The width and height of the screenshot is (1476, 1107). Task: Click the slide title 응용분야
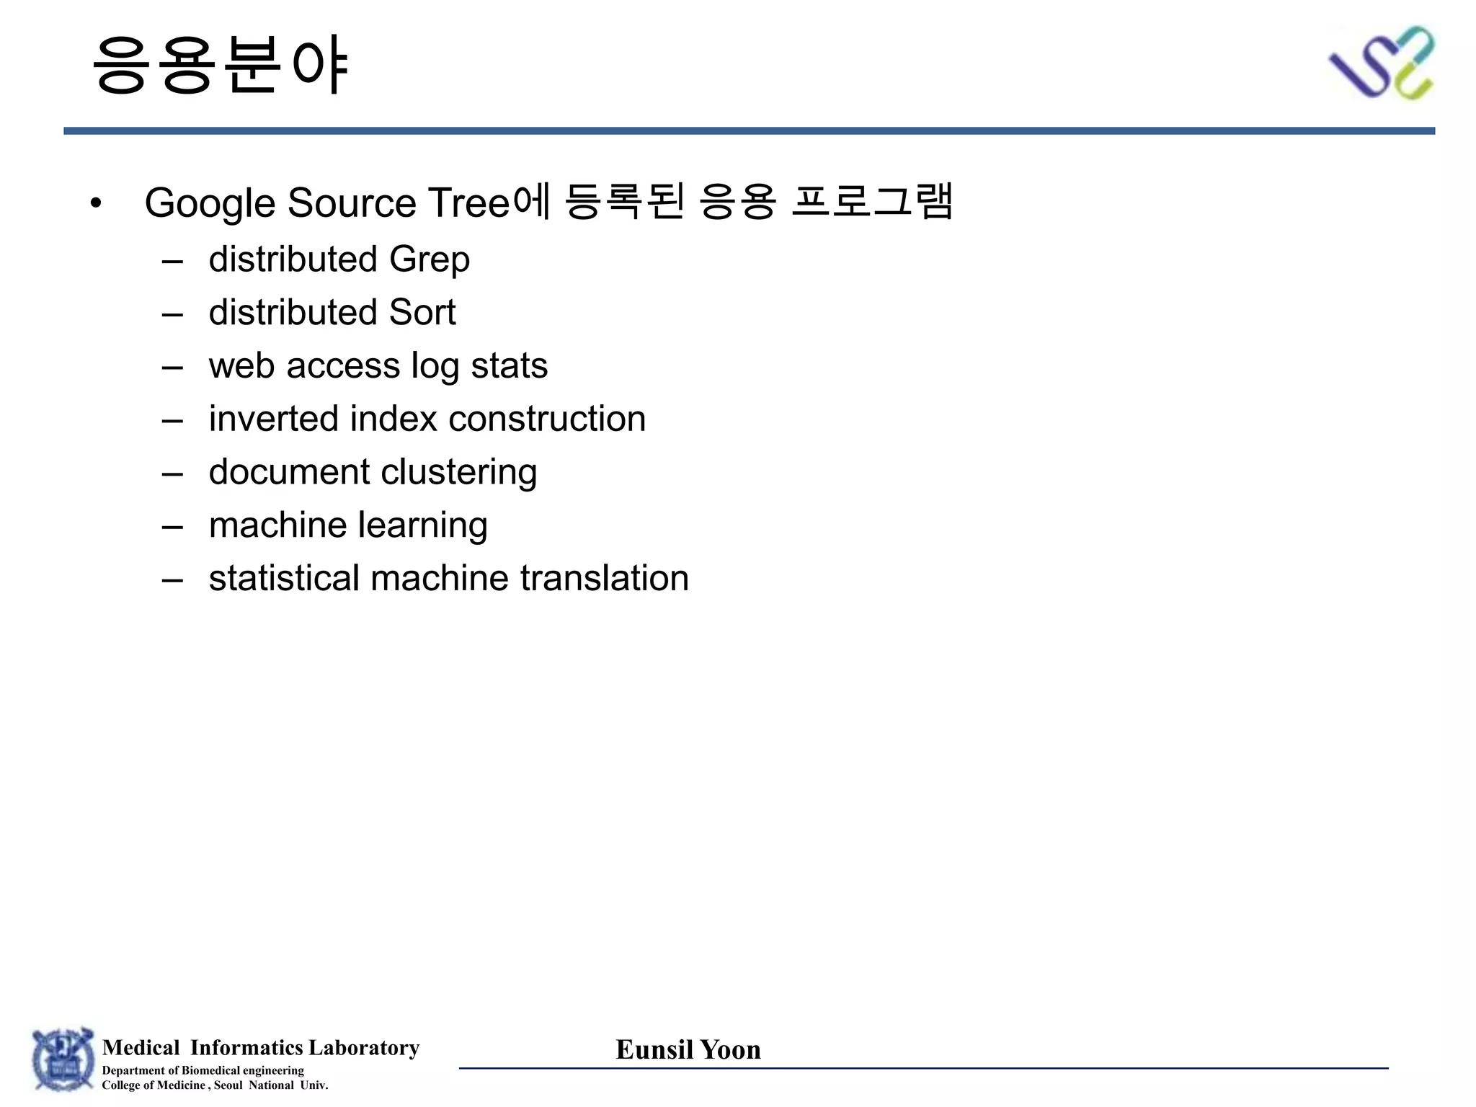[x=221, y=65]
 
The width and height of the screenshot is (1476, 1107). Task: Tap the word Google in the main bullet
[x=210, y=203]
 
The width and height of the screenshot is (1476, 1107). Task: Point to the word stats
[x=509, y=366]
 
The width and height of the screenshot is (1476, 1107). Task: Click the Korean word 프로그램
[x=872, y=201]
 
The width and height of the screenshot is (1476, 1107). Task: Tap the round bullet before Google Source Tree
[x=96, y=203]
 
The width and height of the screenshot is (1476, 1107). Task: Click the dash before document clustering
[x=172, y=474]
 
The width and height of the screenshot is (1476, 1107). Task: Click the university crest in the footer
[x=63, y=1059]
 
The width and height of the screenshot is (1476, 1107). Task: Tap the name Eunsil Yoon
[x=688, y=1050]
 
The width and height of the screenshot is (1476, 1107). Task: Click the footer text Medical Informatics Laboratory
[x=261, y=1047]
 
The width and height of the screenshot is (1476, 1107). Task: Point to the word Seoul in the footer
[x=228, y=1085]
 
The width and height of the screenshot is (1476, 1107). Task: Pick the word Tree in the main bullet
[x=469, y=203]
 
